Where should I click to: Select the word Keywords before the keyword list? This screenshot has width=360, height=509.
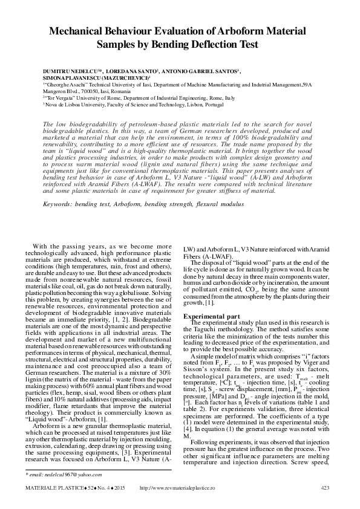point(62,204)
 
